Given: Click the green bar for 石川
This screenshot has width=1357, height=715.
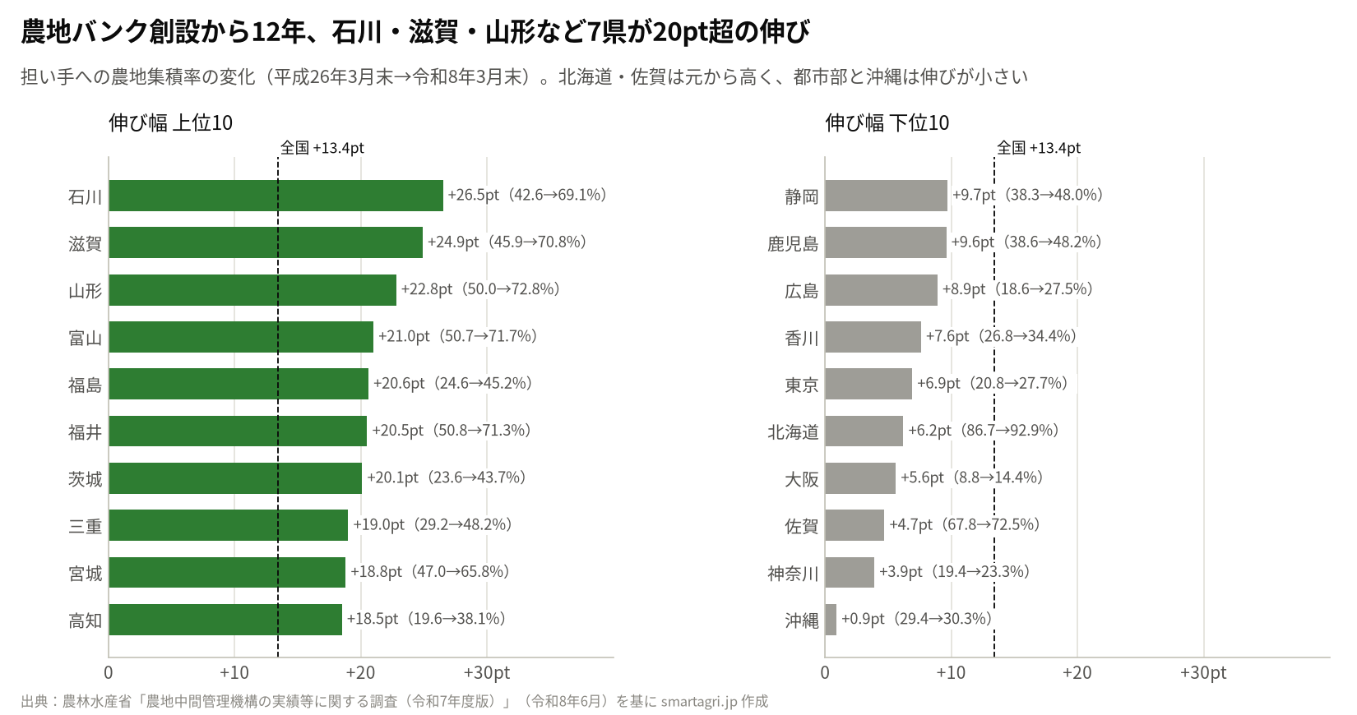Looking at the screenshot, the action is (276, 196).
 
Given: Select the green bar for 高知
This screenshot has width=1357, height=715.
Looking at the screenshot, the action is (225, 620).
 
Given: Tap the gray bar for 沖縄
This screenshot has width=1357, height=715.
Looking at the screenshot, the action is (831, 620).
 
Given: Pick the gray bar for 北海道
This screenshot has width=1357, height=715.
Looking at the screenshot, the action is (864, 431).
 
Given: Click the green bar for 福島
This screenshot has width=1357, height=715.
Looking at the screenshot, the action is (239, 384).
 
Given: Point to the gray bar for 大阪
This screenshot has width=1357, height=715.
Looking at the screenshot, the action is (860, 478).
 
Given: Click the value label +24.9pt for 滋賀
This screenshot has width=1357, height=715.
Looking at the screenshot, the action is (453, 242).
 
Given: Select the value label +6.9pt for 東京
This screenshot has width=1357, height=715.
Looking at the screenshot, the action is (938, 383).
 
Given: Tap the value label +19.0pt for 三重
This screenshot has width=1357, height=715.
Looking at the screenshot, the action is (378, 524).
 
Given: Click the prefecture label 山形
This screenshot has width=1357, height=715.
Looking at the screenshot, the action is (86, 291).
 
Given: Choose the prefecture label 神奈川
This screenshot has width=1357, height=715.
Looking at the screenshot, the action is (793, 574).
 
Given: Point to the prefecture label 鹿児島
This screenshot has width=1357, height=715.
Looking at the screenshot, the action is (793, 244).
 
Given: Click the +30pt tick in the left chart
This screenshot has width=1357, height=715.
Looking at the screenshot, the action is (486, 672).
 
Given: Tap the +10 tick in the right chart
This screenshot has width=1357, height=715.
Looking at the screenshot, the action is (951, 672).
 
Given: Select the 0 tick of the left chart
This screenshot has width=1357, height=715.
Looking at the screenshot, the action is (109, 672).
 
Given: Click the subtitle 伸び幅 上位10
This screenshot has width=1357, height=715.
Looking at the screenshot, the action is (171, 123).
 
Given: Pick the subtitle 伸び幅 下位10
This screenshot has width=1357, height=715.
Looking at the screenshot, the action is (887, 123).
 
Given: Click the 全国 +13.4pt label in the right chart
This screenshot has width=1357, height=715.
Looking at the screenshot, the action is (1039, 148).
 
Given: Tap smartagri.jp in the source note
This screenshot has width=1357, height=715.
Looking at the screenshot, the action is (699, 702).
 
